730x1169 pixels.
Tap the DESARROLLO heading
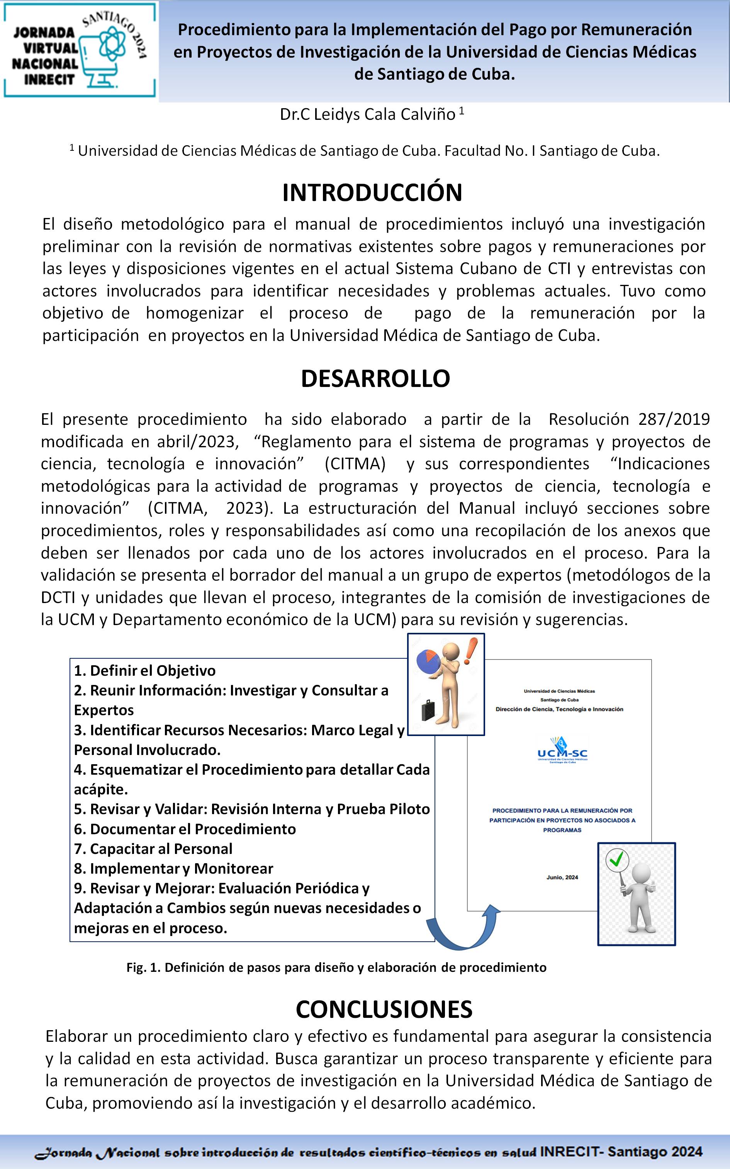pos(375,378)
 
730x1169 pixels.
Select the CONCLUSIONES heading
pos(384,1009)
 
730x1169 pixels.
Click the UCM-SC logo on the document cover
pos(562,751)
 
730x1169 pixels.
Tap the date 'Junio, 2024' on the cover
pos(562,877)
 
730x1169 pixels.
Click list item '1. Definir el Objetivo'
pos(144,670)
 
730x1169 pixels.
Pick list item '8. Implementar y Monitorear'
pos(173,868)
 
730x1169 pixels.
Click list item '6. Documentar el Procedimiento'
pos(185,828)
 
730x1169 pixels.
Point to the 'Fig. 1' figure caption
pos(336,967)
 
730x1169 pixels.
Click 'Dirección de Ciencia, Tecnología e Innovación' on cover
pos(559,709)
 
